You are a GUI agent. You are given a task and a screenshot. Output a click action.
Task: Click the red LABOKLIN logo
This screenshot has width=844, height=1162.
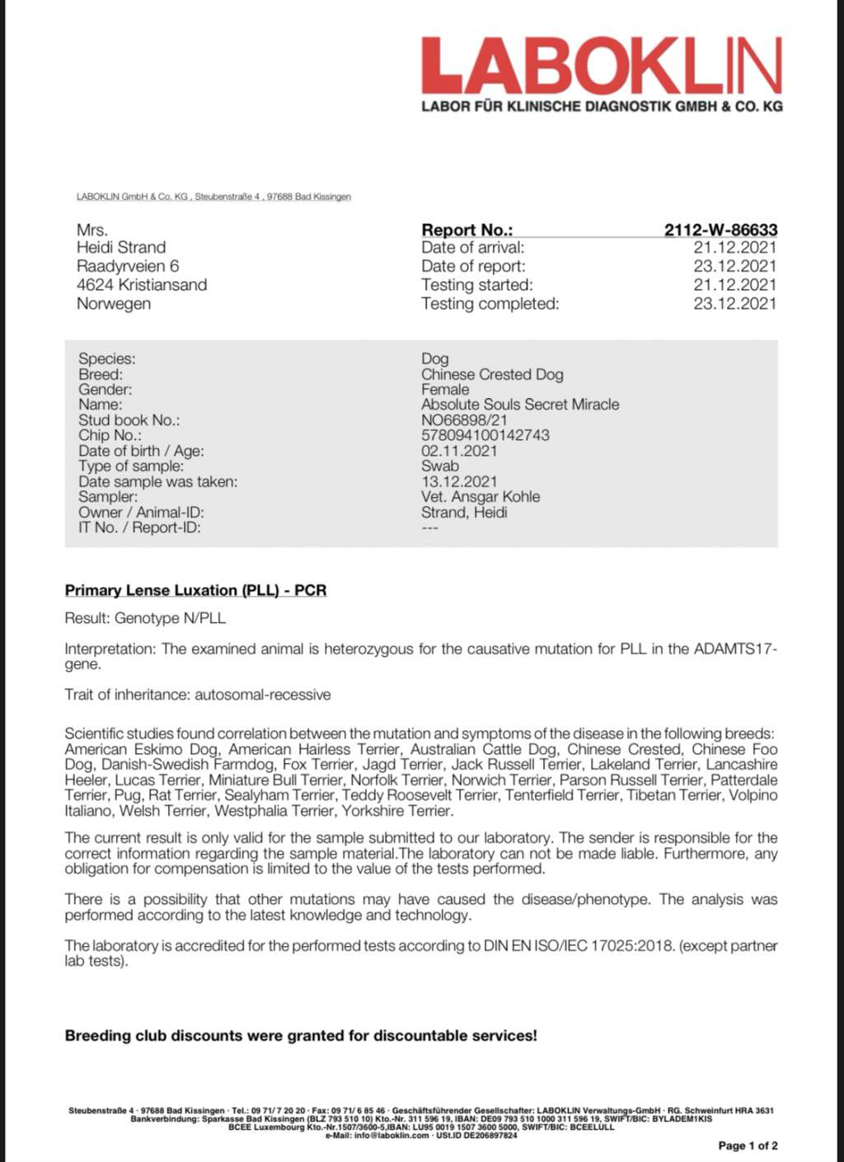[601, 65]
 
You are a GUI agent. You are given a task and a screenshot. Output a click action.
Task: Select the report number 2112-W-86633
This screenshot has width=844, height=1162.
[720, 230]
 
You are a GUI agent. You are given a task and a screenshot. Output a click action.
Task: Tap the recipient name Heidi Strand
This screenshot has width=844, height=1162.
[121, 247]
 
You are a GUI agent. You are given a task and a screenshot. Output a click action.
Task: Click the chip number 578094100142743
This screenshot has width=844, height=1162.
[485, 435]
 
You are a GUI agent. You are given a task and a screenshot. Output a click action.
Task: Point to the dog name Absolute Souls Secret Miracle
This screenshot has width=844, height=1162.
[519, 405]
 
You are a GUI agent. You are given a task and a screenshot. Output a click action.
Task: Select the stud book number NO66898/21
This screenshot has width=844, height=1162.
[464, 419]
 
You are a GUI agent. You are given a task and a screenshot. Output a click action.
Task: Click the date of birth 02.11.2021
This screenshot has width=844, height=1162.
[459, 451]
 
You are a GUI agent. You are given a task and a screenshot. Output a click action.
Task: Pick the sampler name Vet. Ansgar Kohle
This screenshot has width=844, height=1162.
[481, 497]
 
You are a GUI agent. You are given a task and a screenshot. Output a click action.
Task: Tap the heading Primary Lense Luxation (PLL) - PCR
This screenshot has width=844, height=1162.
[195, 590]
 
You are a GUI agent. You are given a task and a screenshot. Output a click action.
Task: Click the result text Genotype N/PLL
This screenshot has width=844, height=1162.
[170, 618]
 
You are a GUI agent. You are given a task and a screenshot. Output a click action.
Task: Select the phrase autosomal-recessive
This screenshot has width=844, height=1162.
[262, 695]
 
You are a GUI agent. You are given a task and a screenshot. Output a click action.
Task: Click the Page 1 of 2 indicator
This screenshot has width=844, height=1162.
[748, 1146]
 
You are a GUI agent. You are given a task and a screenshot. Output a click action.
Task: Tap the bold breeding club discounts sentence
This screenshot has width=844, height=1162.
[301, 1035]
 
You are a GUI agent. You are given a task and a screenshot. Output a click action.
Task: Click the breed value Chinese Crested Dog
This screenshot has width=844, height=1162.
[492, 374]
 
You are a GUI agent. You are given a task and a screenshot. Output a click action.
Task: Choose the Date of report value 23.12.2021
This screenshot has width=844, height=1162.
[734, 266]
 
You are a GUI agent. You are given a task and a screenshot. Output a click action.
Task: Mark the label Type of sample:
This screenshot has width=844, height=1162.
[131, 466]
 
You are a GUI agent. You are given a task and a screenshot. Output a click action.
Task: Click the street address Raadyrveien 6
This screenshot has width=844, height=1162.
[128, 266]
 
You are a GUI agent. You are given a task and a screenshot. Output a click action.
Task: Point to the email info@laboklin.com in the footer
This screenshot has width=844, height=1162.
[392, 1136]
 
